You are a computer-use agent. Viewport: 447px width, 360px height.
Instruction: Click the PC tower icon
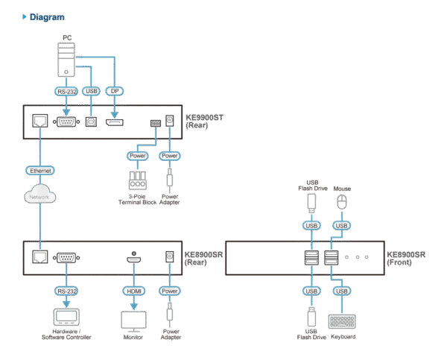[68, 60]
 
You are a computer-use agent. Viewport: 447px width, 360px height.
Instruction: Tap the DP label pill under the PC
[114, 91]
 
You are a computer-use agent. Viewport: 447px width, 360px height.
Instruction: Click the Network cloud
[39, 196]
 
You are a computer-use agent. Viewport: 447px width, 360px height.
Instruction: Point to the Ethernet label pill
[39, 171]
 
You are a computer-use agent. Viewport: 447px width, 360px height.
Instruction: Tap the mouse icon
[342, 202]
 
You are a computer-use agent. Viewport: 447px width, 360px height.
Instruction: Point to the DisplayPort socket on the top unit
[114, 121]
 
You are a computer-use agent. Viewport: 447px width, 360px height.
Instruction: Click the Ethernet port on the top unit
[39, 121]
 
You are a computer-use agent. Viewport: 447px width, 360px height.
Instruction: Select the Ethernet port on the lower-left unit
[39, 257]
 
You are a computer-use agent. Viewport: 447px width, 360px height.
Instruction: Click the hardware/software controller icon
[67, 318]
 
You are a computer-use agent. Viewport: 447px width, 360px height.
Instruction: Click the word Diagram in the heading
[46, 16]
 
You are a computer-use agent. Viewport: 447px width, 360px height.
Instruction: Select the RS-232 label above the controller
[67, 290]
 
